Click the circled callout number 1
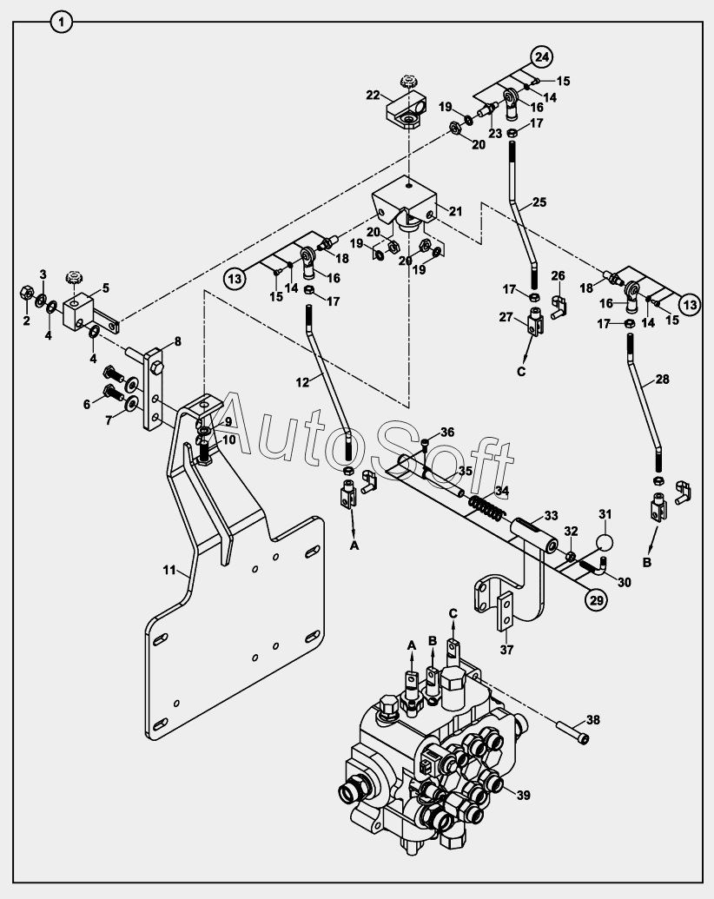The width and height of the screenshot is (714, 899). pos(61,22)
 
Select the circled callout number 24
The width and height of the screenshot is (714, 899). pos(542,57)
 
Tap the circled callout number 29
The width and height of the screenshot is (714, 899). pos(594,600)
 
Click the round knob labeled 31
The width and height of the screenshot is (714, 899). pos(603,541)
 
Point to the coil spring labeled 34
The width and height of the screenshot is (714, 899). pos(488,505)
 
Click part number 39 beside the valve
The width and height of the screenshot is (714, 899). pos(523,795)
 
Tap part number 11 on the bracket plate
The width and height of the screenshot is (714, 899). pos(170,570)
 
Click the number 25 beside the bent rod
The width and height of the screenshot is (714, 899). pos(539,202)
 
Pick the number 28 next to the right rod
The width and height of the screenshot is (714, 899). pos(663,380)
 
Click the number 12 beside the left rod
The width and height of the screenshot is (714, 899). pos(301,381)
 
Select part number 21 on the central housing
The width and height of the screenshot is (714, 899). pos(457,210)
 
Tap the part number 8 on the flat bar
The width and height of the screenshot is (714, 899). pos(177,341)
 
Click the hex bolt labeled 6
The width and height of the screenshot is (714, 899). pos(115,391)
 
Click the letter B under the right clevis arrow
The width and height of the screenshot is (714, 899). pos(646,562)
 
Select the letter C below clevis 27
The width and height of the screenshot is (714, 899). pos(521,373)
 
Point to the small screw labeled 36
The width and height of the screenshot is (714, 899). pos(425,445)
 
